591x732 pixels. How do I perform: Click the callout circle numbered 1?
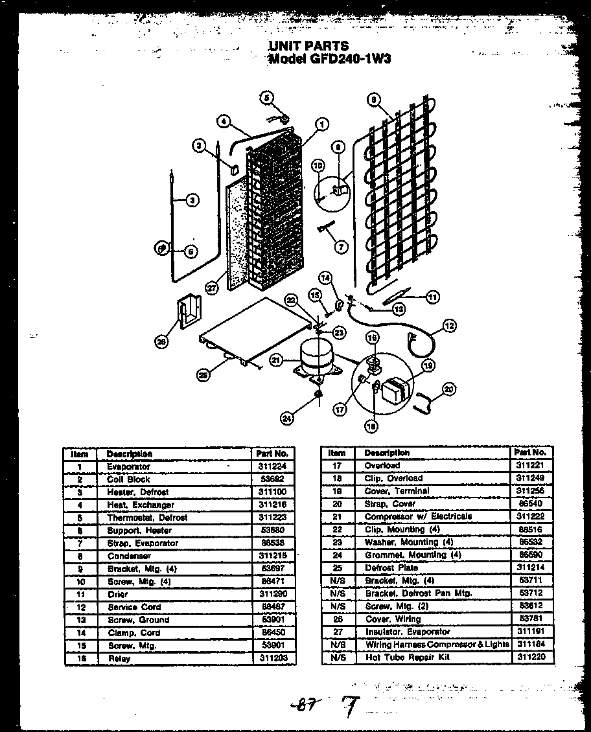tap(322, 124)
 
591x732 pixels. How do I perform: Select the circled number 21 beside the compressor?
tap(277, 360)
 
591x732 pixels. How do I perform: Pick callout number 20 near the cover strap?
tap(449, 389)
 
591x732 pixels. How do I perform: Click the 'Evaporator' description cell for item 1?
tap(128, 466)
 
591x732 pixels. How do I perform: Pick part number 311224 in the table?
tap(272, 466)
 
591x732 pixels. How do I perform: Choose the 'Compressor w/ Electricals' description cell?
tap(418, 516)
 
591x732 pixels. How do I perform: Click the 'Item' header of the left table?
tap(79, 454)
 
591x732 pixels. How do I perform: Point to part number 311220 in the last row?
tap(532, 657)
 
